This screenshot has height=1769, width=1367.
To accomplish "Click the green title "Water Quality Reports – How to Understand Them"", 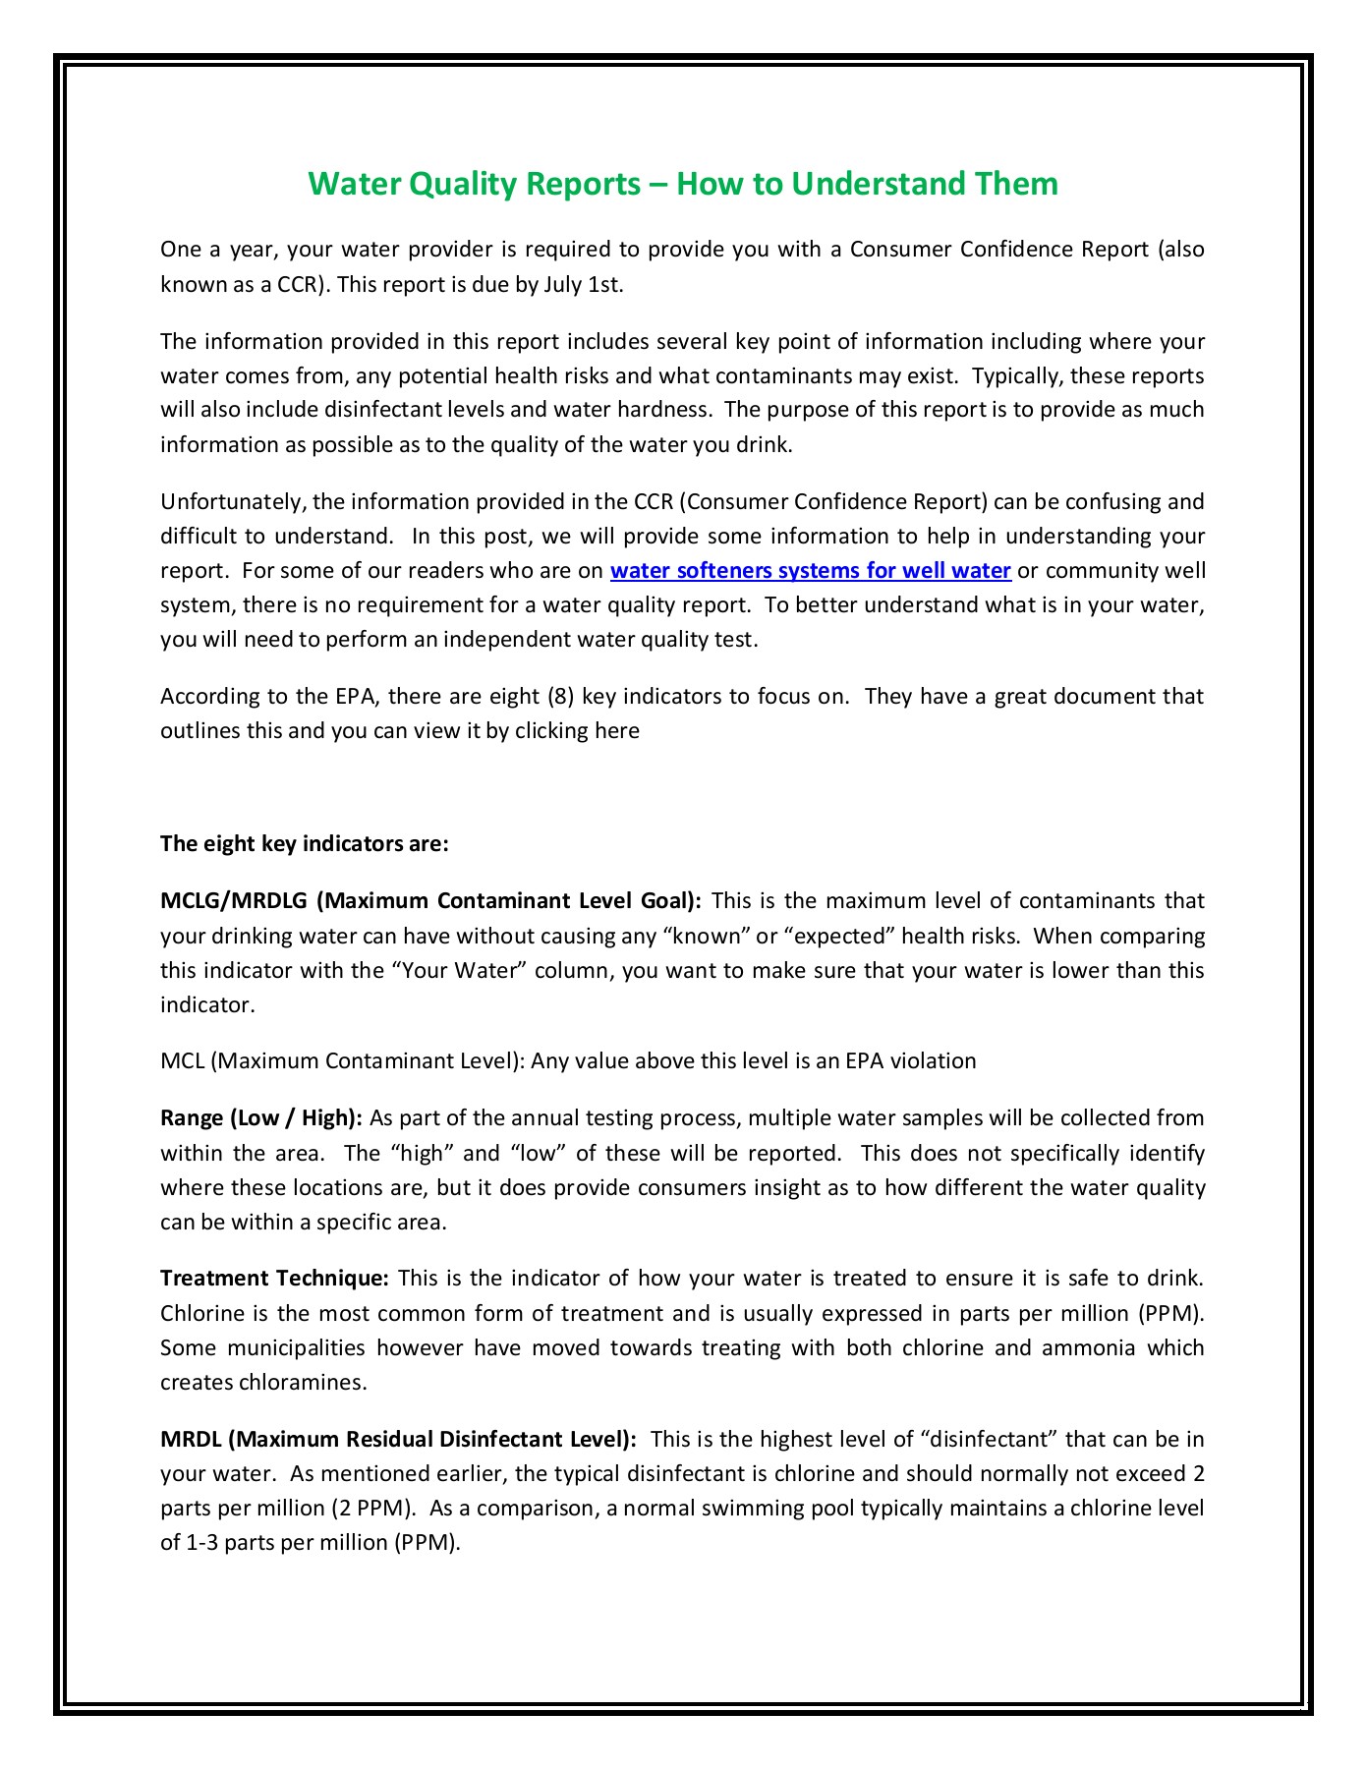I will click(683, 184).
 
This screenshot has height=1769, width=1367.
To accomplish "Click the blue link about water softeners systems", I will click(810, 571).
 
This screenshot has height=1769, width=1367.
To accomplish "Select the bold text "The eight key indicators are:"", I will click(304, 844).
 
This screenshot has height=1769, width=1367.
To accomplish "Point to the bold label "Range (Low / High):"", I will click(261, 1118).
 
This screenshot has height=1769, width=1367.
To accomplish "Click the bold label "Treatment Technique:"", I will click(275, 1279).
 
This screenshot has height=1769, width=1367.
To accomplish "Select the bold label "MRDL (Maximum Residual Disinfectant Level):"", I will click(398, 1440).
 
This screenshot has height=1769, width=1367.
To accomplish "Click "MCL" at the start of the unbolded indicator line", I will click(182, 1061).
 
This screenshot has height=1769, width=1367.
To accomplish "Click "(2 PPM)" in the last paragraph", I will click(372, 1509).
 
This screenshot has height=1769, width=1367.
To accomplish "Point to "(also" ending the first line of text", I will click(1180, 250).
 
